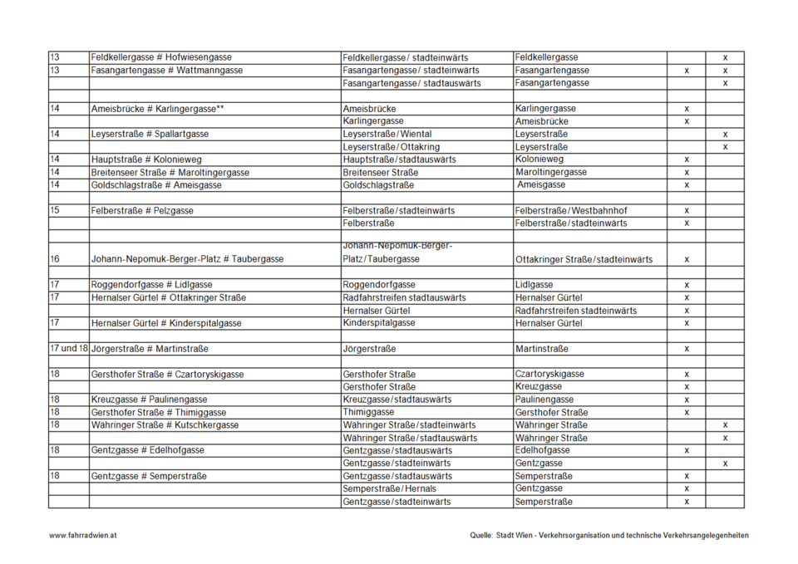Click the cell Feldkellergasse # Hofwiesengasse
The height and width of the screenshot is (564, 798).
[x=161, y=57]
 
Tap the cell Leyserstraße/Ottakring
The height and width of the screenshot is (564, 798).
[x=392, y=147]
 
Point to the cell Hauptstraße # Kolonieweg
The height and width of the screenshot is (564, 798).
[x=146, y=159]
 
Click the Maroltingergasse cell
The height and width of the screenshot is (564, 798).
[x=551, y=172]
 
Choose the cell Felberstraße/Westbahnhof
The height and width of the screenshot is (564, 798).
[x=571, y=211]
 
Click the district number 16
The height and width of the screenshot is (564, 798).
[x=55, y=259]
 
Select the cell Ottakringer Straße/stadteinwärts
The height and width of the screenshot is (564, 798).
[x=584, y=260]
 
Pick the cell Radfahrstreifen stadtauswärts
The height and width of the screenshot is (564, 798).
[x=404, y=297]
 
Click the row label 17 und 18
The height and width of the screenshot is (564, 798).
[x=68, y=349]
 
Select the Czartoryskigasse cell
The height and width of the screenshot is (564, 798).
[x=549, y=375]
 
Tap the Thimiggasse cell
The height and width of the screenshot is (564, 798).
[x=367, y=412]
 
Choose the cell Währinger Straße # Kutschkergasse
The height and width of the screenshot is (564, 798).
[x=165, y=425]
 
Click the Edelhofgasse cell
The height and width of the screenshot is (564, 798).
[x=543, y=450]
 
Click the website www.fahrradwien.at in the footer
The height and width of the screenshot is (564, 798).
[x=82, y=536]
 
